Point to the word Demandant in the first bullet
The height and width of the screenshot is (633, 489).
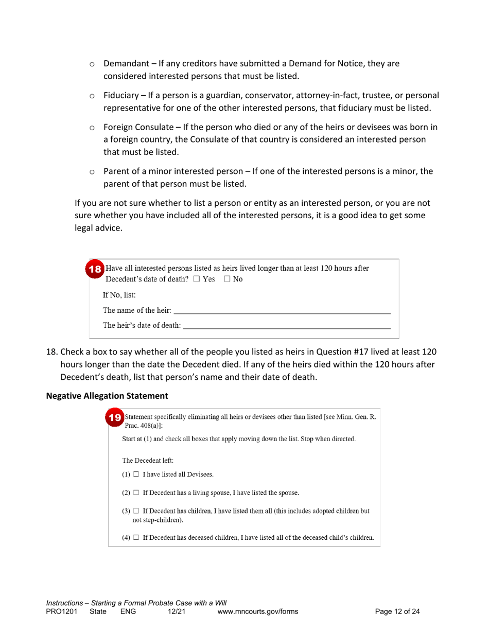[x=126, y=64]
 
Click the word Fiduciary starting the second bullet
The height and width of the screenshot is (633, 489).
[x=121, y=96]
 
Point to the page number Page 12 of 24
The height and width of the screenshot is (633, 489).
[x=397, y=611]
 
